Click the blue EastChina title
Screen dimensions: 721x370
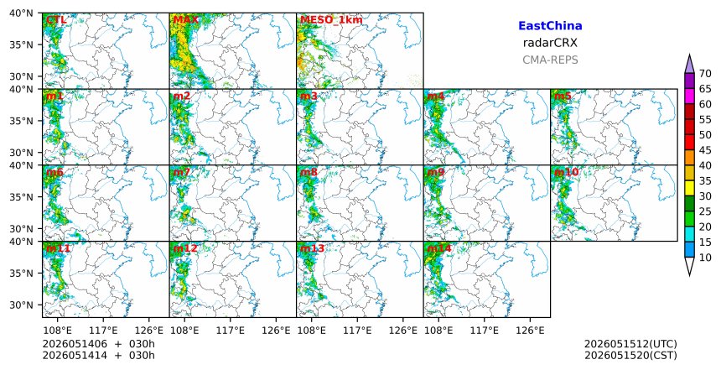(550, 26)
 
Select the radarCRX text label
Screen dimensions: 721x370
(550, 43)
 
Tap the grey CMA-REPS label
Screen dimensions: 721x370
(550, 60)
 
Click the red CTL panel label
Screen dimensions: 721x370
(56, 20)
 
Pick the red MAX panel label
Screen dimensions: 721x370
(186, 20)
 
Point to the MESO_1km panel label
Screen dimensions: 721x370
(331, 20)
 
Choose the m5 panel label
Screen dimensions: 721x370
(563, 96)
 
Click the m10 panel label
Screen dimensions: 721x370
(566, 172)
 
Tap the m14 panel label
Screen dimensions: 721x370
(439, 248)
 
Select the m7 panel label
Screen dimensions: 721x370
(182, 172)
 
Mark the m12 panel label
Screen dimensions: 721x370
(185, 248)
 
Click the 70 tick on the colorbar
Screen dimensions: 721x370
(705, 74)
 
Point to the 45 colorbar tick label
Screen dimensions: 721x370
(705, 150)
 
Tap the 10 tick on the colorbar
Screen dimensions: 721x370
(705, 258)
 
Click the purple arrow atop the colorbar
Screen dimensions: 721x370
(689, 65)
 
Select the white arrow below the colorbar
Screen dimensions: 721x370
(689, 266)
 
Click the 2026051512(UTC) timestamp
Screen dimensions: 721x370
(630, 344)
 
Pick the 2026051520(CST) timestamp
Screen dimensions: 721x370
(630, 355)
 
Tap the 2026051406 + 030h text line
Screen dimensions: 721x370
(98, 344)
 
